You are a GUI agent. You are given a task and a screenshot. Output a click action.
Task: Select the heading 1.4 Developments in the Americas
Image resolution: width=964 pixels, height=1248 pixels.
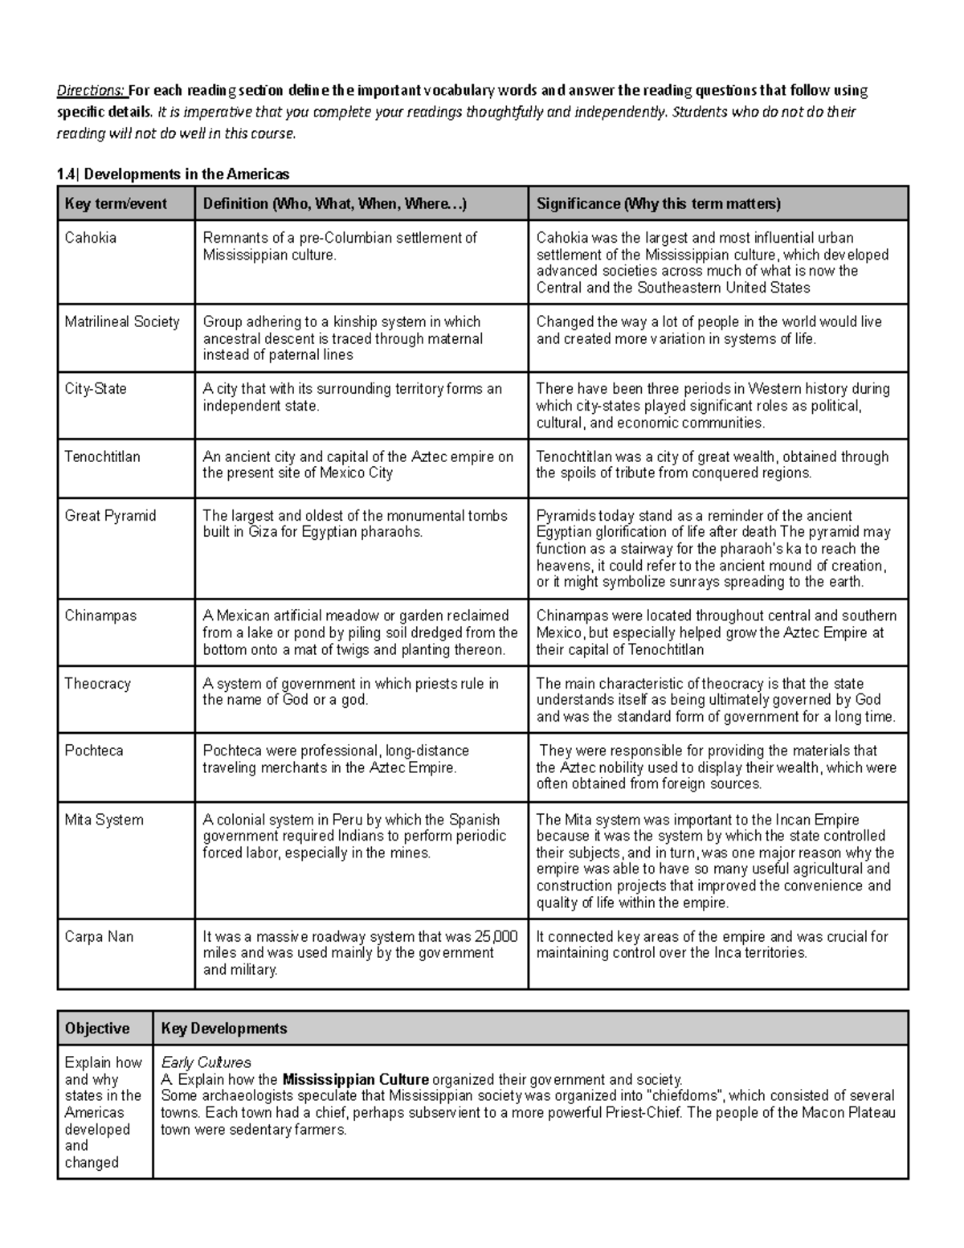tap(173, 174)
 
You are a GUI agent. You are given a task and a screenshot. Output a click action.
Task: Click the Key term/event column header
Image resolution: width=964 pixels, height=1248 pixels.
tap(116, 203)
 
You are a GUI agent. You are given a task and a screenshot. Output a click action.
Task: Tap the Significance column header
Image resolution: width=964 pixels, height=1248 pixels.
tap(658, 203)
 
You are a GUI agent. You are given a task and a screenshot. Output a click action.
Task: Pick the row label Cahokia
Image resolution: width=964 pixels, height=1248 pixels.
tap(90, 238)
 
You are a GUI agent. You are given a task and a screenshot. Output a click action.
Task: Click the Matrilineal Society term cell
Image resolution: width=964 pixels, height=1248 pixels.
tap(122, 321)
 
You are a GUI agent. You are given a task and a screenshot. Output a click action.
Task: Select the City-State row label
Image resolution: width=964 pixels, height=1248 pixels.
tap(96, 389)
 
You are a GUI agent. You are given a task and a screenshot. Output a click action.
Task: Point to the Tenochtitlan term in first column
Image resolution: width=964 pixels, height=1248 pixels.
tap(102, 456)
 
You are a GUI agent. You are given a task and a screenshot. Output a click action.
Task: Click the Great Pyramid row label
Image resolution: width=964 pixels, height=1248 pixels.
tap(110, 516)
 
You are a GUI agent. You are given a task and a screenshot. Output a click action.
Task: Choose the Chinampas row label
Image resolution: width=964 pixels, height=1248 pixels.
tap(100, 616)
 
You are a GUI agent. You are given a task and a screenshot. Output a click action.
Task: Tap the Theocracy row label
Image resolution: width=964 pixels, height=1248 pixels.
tap(97, 684)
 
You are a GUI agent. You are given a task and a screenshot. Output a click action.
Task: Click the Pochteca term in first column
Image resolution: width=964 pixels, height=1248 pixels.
tap(94, 751)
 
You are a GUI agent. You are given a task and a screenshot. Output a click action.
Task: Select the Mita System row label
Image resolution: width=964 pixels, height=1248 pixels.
tap(104, 820)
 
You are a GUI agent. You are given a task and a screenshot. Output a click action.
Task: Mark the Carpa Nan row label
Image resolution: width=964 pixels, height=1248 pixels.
tap(99, 936)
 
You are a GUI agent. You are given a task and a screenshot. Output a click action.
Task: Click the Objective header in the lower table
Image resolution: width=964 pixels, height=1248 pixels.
tap(97, 1029)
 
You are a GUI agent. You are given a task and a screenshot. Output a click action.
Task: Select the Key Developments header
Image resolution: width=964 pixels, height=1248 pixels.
tap(224, 1029)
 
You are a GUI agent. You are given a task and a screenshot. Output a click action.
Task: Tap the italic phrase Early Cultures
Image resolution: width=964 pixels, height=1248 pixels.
tap(206, 1062)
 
